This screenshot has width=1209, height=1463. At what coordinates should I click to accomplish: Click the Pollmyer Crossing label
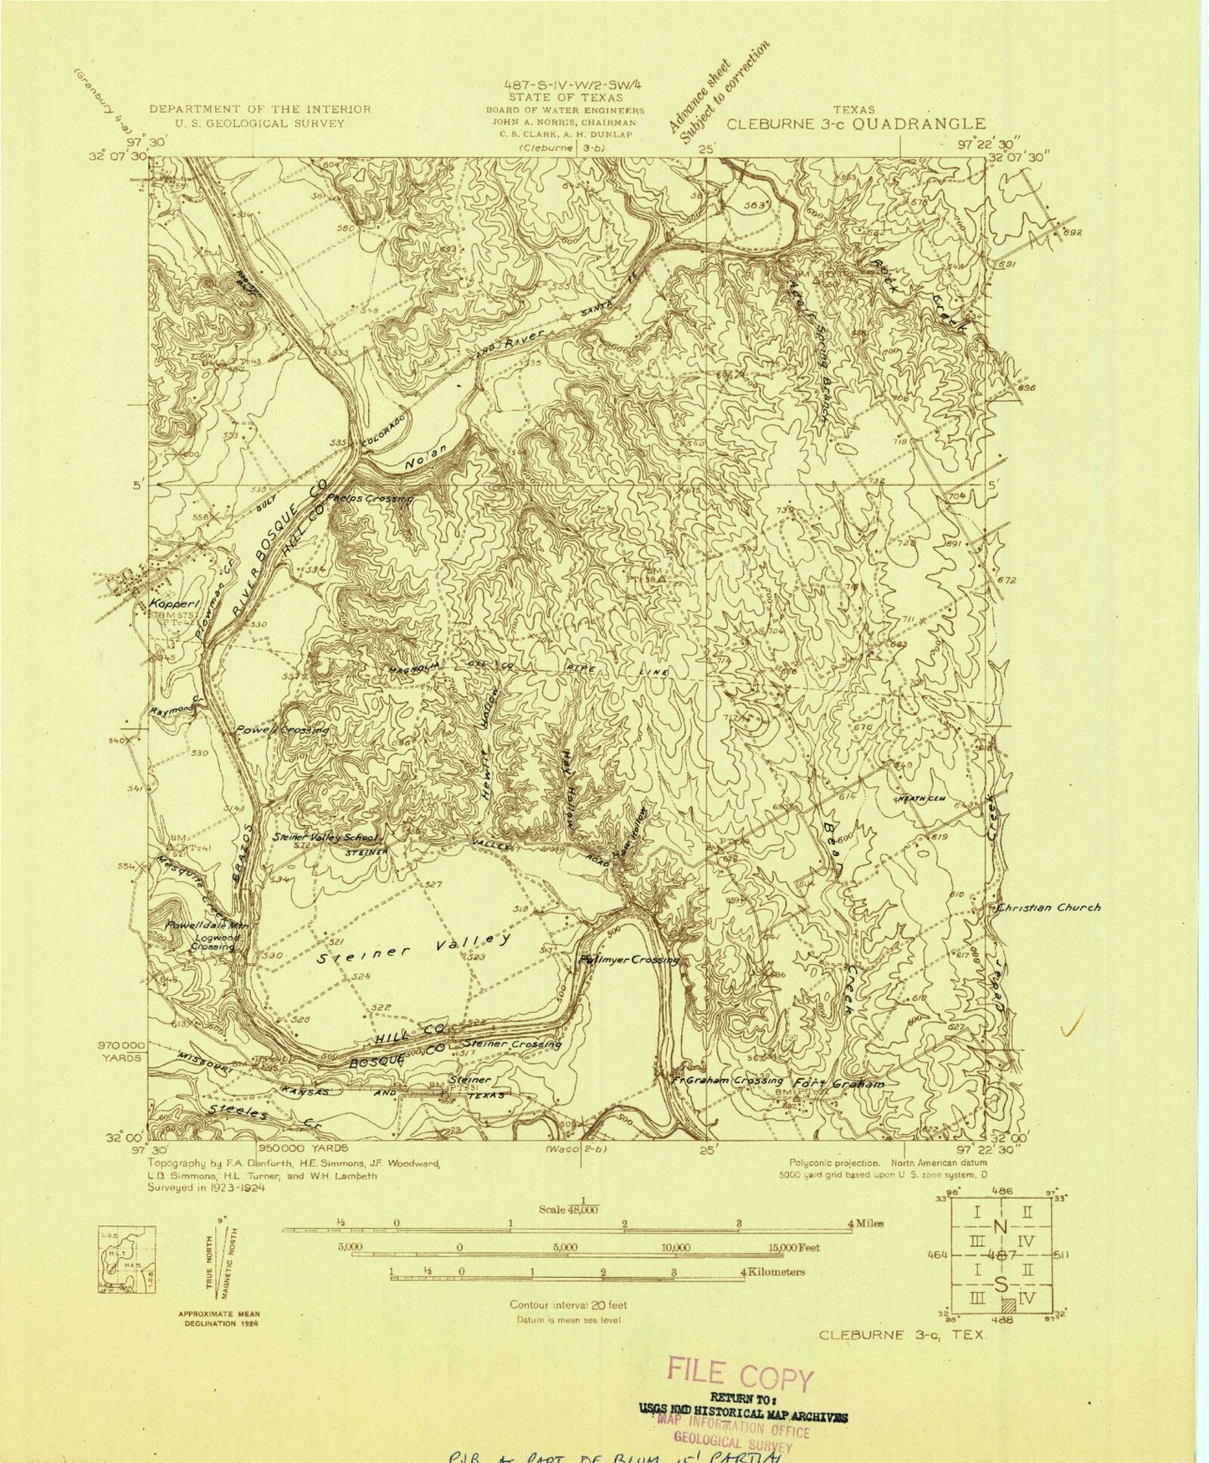(628, 959)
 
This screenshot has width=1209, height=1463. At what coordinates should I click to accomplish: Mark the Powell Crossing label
(281, 730)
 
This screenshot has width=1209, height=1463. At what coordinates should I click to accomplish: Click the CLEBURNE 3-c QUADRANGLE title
(855, 123)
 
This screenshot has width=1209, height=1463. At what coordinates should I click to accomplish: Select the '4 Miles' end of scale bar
(864, 1223)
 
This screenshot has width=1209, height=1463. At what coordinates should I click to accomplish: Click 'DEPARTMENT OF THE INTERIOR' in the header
(259, 109)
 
